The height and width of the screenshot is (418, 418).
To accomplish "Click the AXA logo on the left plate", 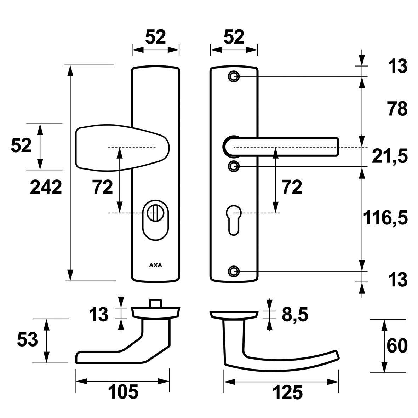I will tap(155, 265).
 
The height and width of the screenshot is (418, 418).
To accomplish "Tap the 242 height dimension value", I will tap(46, 187).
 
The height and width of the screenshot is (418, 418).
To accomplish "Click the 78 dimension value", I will tap(397, 109).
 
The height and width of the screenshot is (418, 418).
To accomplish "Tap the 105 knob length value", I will tap(123, 392).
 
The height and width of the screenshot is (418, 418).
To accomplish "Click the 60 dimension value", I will tap(397, 345).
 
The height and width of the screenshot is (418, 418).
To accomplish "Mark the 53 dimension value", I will tap(27, 340).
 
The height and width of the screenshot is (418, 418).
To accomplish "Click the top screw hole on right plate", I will tap(233, 76).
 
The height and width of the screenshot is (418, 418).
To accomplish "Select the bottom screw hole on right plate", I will tap(233, 271).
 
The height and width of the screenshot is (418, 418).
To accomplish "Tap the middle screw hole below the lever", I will tap(233, 166).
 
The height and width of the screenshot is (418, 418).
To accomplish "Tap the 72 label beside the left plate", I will tap(103, 187).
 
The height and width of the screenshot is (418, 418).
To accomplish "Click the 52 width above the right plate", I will tap(234, 37).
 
